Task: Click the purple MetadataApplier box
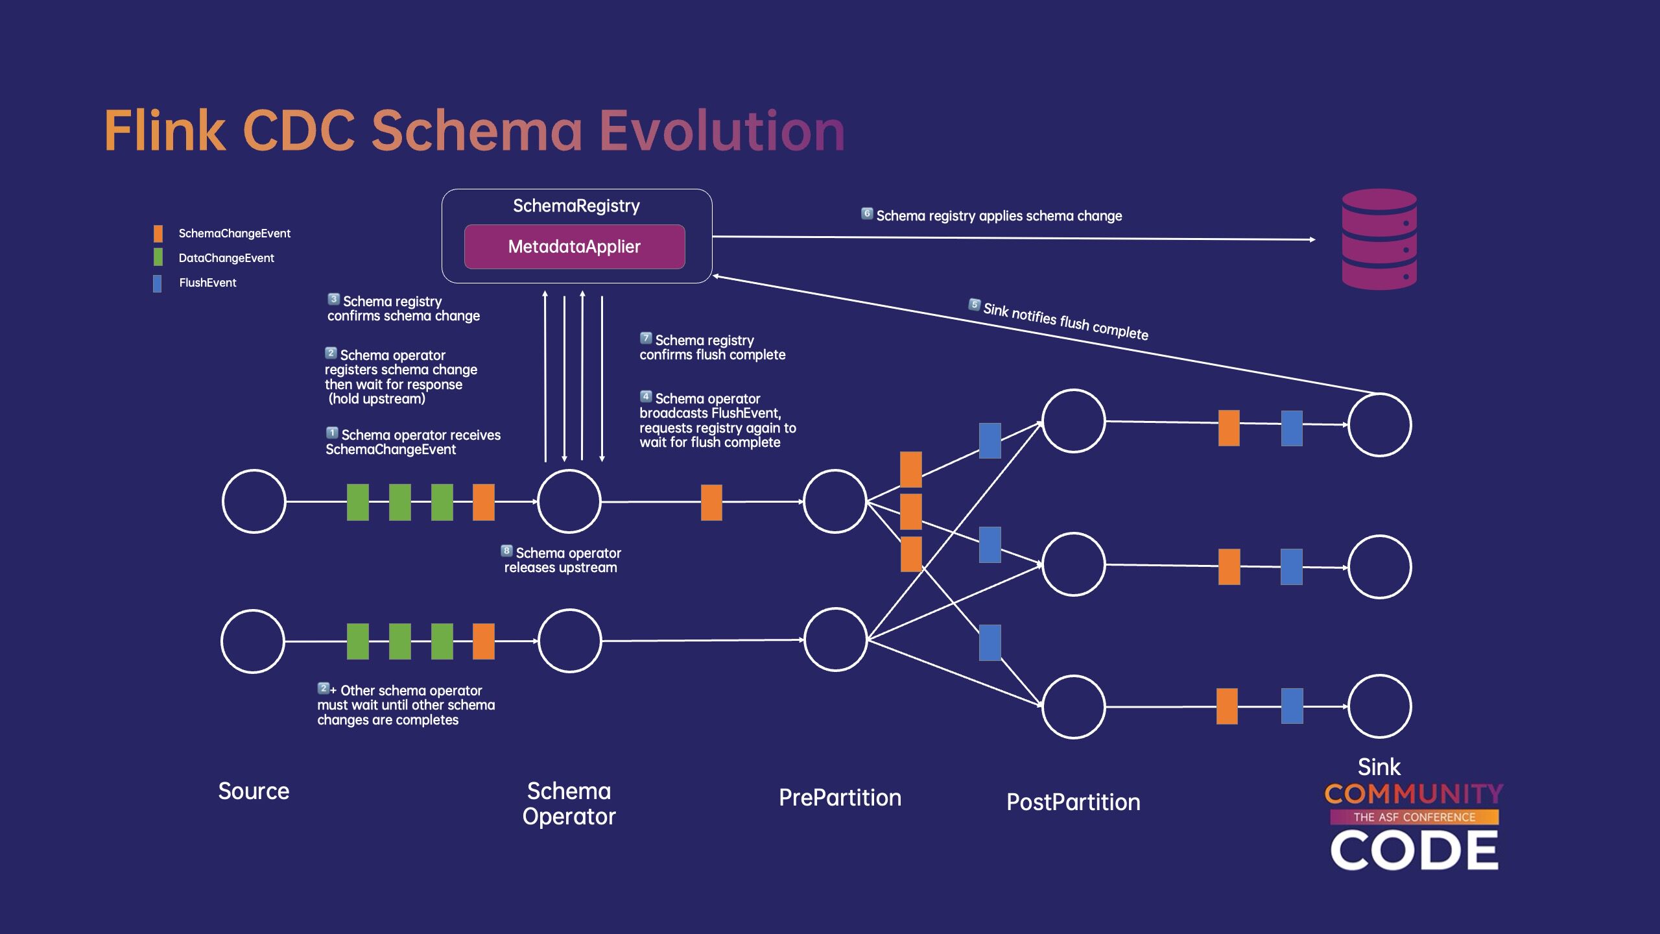tap(575, 246)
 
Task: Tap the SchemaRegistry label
tap(576, 206)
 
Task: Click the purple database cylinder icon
tap(1379, 239)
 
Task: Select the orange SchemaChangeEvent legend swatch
tap(158, 233)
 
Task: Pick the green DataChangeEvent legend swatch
tap(158, 257)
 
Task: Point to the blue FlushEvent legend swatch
tap(158, 283)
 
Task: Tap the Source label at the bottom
tap(254, 791)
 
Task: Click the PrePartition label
tap(840, 798)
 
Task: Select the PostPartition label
tap(1073, 802)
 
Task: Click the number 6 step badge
tap(867, 213)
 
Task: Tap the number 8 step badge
tap(507, 551)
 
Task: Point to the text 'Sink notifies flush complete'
tap(1065, 321)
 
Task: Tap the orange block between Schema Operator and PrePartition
tap(711, 502)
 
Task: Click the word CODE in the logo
tap(1414, 850)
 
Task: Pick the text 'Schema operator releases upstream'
tap(562, 560)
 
